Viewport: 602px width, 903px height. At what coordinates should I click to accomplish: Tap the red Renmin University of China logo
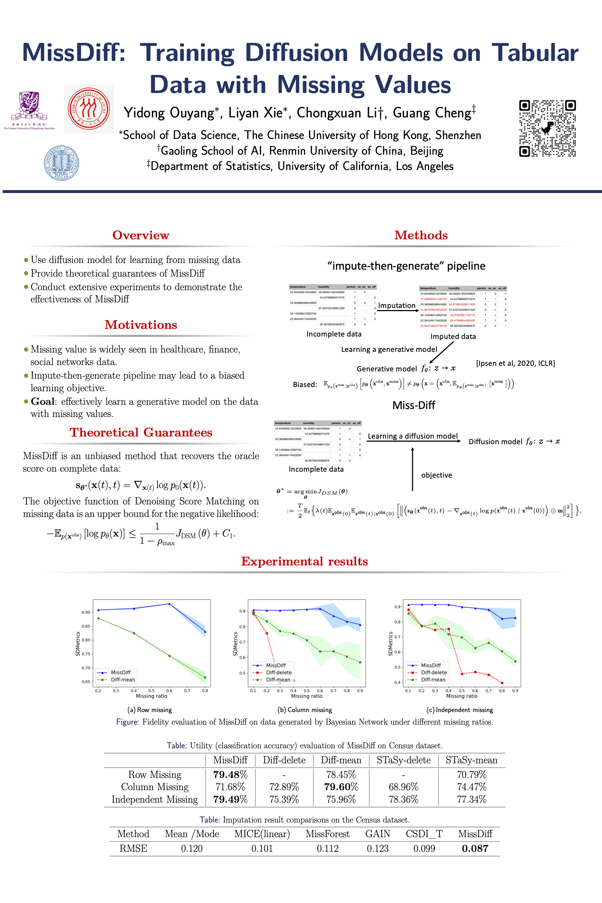click(x=89, y=109)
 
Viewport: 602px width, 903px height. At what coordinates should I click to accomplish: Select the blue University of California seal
click(x=61, y=163)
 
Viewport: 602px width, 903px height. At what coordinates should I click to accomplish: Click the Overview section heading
click(x=140, y=235)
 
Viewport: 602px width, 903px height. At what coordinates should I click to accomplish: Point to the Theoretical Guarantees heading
click(x=140, y=432)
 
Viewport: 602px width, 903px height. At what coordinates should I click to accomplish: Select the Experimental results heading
click(x=304, y=561)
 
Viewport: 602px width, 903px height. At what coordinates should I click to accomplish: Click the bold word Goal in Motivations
click(x=43, y=402)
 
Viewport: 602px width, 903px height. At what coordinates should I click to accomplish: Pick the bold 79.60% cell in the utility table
click(x=341, y=787)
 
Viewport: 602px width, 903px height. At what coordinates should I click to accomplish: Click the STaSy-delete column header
click(x=403, y=760)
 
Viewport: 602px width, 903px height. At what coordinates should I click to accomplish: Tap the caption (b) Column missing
click(x=304, y=710)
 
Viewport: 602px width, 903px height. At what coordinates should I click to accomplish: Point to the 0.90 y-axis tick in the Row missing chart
click(x=86, y=612)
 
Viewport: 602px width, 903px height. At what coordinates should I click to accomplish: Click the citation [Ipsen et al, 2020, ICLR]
click(x=515, y=363)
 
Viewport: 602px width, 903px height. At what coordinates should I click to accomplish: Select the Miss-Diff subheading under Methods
click(x=414, y=405)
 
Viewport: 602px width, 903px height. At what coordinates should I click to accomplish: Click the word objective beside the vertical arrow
click(x=437, y=475)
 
